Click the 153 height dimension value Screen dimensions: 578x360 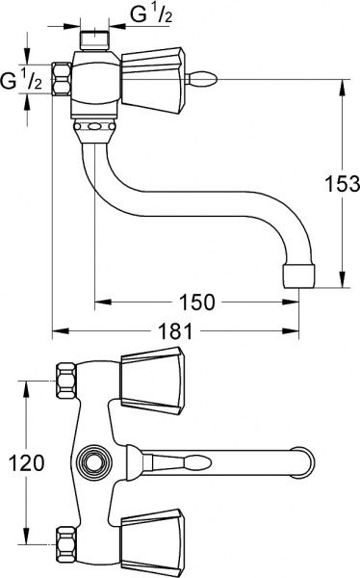click(x=342, y=184)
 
